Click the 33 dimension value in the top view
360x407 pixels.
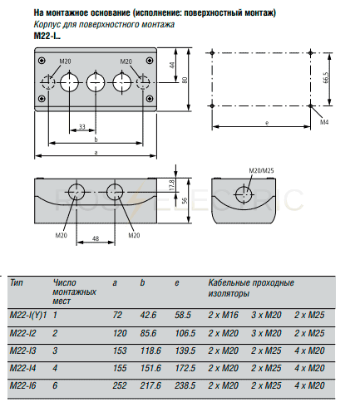pyautogui.click(x=82, y=126)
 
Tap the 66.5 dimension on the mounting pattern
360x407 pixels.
pyautogui.click(x=326, y=77)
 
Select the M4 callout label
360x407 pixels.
pyautogui.click(x=324, y=122)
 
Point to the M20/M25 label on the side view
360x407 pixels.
pyautogui.click(x=261, y=170)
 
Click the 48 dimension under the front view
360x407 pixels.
pyautogui.click(x=96, y=238)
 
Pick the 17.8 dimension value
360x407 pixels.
pyautogui.click(x=172, y=185)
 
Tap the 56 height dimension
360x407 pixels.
pyautogui.click(x=185, y=200)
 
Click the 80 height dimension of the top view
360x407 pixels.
pyautogui.click(x=185, y=80)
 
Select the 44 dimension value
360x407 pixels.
pyautogui.click(x=172, y=66)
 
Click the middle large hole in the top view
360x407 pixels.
pyautogui.click(x=96, y=82)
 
